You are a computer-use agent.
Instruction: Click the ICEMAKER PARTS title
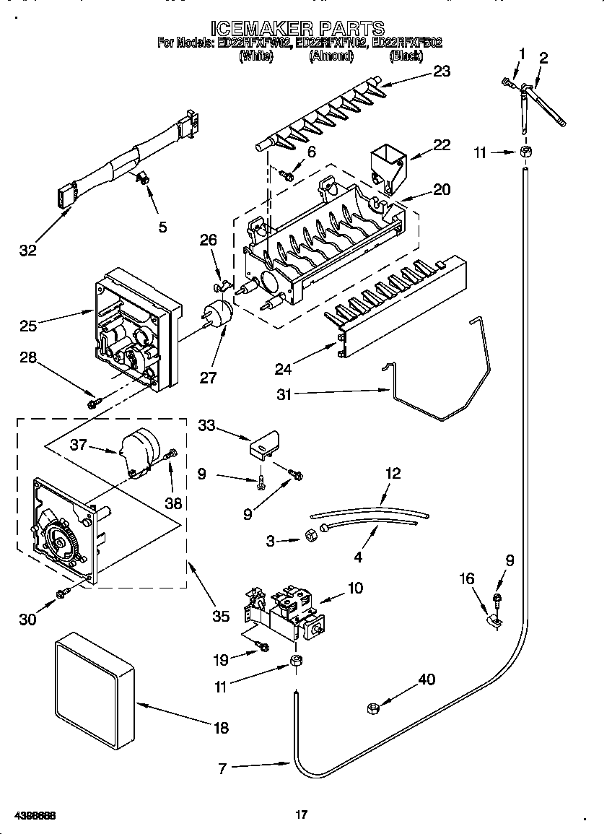297,28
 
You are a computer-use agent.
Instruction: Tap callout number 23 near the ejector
441,71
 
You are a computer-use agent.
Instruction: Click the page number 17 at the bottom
302,815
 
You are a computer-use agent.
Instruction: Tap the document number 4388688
30,815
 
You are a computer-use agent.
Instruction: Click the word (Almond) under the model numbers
331,56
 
